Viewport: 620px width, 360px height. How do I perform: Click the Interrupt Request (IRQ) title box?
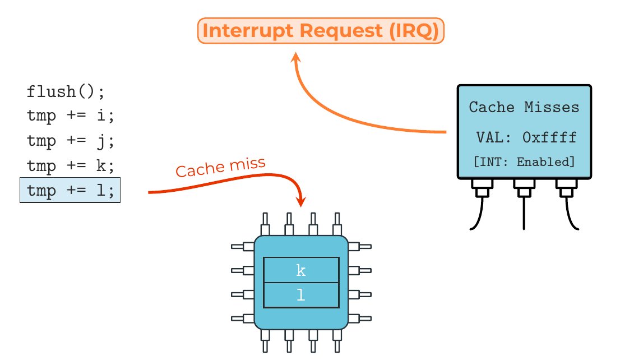pyautogui.click(x=321, y=31)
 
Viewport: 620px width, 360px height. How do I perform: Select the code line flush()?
pyautogui.click(x=66, y=91)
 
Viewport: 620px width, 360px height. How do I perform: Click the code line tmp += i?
pyautogui.click(x=70, y=117)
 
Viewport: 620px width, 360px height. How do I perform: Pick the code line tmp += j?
pyautogui.click(x=70, y=141)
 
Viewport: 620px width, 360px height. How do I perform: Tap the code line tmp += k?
pyautogui.click(x=70, y=166)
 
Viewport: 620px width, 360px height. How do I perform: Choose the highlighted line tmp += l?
pyautogui.click(x=70, y=191)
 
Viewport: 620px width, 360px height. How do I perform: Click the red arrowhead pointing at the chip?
pyautogui.click(x=301, y=201)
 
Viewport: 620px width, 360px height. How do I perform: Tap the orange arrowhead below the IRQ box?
pyautogui.click(x=297, y=58)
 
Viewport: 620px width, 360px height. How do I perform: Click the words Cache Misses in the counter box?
pyautogui.click(x=524, y=107)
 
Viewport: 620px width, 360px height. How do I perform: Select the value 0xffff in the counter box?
pyautogui.click(x=549, y=137)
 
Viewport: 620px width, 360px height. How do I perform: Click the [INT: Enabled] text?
pyautogui.click(x=524, y=162)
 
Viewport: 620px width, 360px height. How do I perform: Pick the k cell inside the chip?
pyautogui.click(x=301, y=270)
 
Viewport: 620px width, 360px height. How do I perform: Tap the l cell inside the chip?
pyautogui.click(x=301, y=296)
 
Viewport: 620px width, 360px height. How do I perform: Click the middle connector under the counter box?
pyautogui.click(x=524, y=191)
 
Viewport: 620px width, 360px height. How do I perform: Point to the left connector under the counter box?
pyautogui.click(x=481, y=191)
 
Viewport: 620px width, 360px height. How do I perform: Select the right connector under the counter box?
pyautogui.click(x=565, y=191)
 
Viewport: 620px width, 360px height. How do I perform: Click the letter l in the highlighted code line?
pyautogui.click(x=101, y=191)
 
